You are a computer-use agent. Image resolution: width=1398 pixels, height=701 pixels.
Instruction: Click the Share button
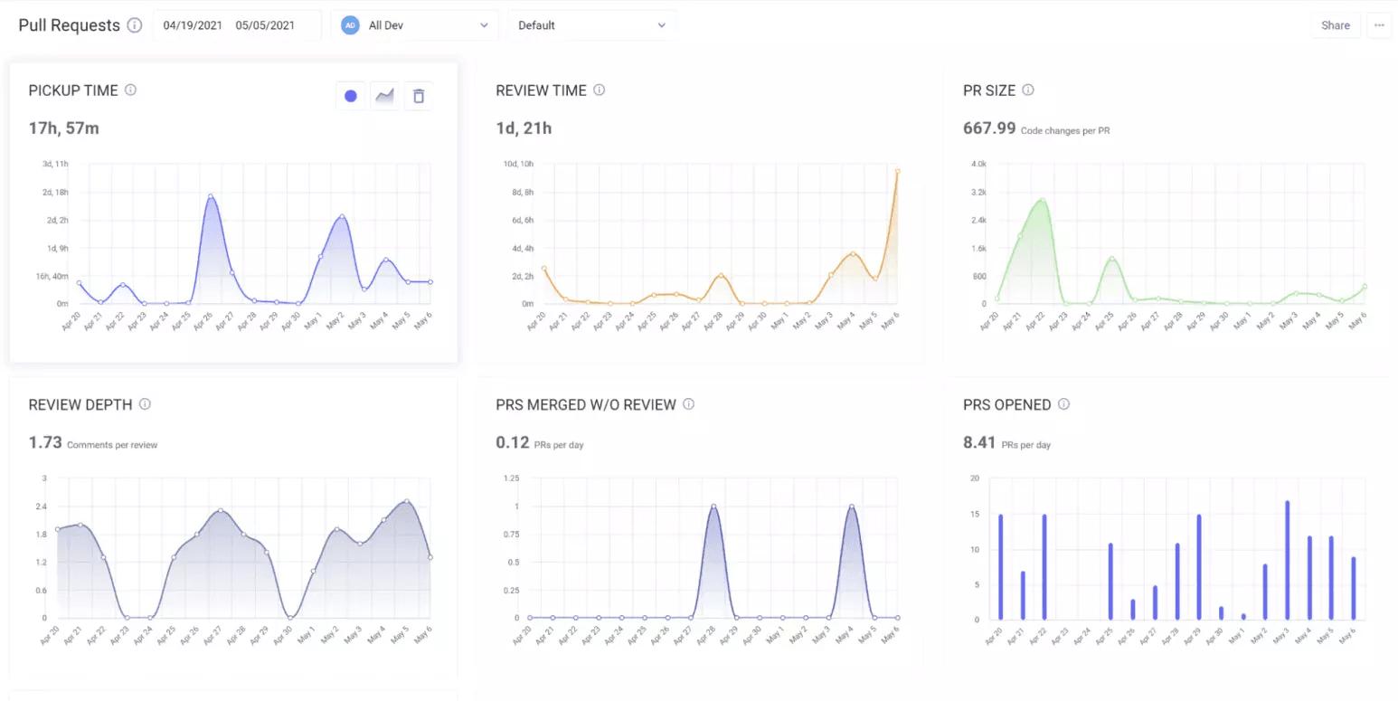tap(1335, 25)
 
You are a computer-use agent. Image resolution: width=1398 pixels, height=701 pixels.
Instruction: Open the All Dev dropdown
tap(414, 25)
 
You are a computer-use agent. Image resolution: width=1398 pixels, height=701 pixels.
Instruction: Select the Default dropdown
tap(591, 25)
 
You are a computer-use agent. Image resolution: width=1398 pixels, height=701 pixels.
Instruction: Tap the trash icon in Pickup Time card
tap(418, 96)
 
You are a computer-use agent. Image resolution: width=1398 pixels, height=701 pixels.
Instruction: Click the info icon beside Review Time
tap(599, 90)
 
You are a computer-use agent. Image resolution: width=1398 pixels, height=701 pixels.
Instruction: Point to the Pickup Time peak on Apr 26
tap(211, 196)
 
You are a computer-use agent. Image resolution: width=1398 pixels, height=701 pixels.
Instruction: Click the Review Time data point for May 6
tap(897, 170)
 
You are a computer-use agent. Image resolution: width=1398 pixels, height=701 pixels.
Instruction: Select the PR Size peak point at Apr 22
tap(1042, 201)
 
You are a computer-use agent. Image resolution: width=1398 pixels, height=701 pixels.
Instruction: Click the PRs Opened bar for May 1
tap(1242, 617)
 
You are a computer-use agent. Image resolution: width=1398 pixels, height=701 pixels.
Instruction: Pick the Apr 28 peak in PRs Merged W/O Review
tap(713, 507)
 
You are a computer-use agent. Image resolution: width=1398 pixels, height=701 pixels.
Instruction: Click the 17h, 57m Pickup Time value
tap(64, 128)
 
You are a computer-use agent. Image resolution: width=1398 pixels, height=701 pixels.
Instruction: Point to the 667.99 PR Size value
tap(989, 128)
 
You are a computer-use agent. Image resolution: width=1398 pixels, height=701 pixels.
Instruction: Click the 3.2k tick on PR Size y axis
tap(978, 192)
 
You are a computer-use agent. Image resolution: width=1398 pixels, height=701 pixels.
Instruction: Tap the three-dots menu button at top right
tap(1379, 25)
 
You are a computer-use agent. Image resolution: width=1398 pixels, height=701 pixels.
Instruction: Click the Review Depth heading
tap(80, 404)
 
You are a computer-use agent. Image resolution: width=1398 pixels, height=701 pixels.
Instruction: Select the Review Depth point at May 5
tap(407, 501)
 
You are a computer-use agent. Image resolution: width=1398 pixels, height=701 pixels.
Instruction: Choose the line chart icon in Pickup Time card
tap(384, 96)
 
